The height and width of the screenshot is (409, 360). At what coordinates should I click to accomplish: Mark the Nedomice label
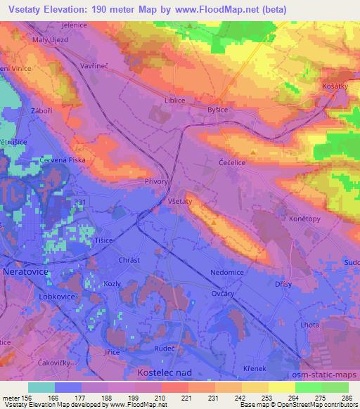coord(226,272)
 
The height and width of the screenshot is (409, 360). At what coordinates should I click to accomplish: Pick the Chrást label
coord(130,260)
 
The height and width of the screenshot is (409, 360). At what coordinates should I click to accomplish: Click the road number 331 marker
coord(80,202)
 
